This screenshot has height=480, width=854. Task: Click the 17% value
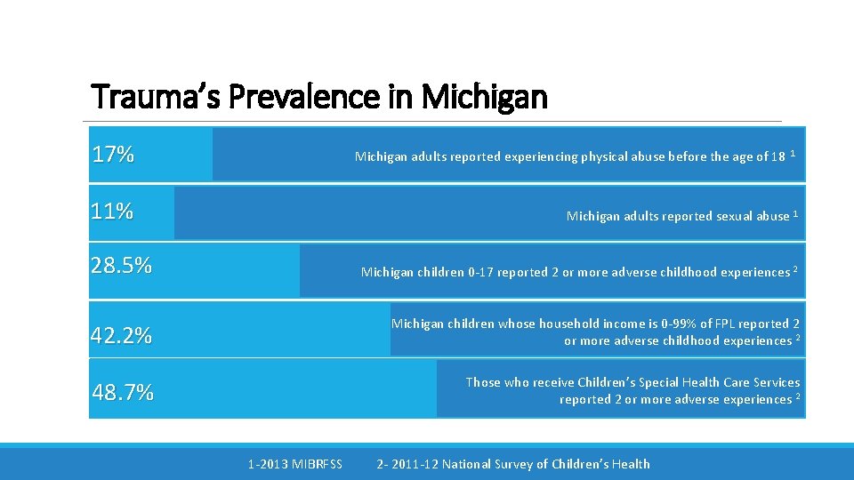[x=113, y=155]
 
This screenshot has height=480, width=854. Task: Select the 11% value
[x=112, y=212]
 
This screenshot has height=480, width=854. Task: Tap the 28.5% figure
[x=121, y=266]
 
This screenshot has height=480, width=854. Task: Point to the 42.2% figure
[x=121, y=336]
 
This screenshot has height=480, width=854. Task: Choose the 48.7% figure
[x=123, y=392]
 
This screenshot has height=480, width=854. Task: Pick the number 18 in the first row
[x=777, y=156]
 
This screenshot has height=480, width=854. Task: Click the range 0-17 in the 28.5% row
[x=480, y=272]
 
